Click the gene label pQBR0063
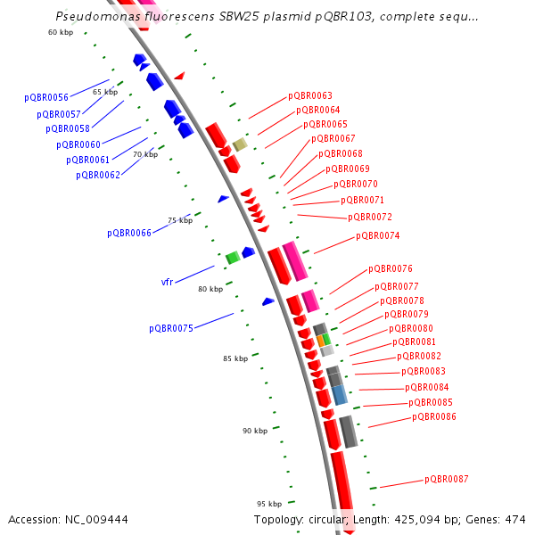(309, 96)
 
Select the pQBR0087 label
(446, 480)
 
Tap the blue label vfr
(167, 283)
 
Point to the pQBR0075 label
(171, 329)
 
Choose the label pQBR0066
(129, 234)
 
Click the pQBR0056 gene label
(46, 98)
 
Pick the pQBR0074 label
(377, 236)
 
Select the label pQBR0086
(434, 417)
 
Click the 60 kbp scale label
(61, 33)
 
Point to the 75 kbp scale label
(180, 220)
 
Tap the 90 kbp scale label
(255, 431)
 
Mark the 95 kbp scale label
(269, 503)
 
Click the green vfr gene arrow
(232, 258)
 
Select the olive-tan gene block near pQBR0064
(240, 144)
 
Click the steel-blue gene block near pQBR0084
(340, 395)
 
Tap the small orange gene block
(321, 340)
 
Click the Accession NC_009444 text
(68, 520)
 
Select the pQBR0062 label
(98, 176)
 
